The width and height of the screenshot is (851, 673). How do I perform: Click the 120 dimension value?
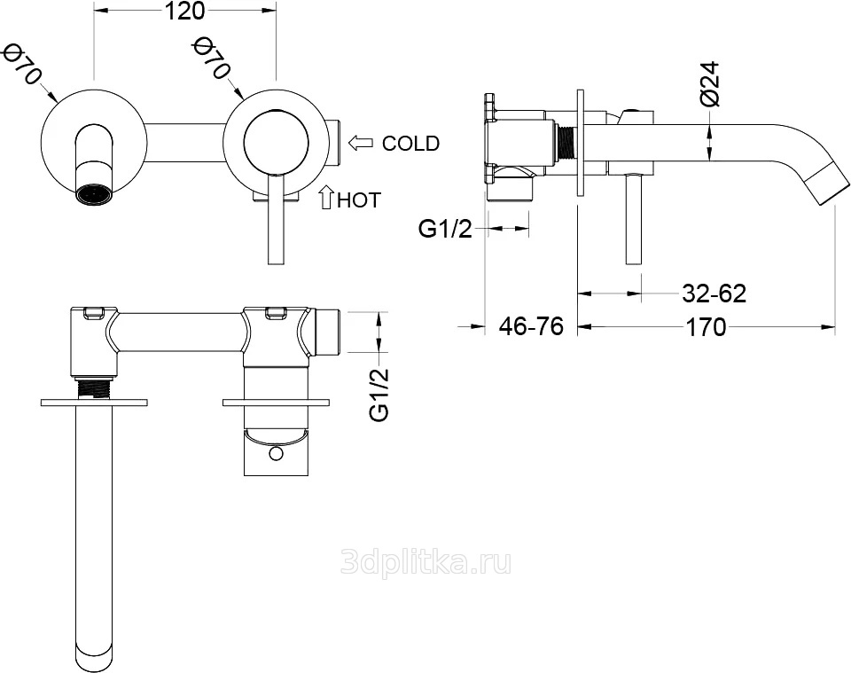point(184,11)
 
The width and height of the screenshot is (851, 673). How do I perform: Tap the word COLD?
point(410,144)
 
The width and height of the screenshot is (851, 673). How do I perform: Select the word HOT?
point(359,200)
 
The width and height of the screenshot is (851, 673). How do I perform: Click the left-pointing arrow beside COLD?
point(361,143)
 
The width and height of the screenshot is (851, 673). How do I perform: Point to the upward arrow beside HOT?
point(326,197)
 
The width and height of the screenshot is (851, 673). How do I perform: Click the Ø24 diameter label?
point(709,83)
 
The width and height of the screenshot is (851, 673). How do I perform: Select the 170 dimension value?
point(706,327)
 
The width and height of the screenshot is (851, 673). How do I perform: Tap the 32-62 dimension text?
point(714,293)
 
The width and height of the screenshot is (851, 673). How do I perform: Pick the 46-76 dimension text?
point(531,326)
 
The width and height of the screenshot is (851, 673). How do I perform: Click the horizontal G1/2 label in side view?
point(446,230)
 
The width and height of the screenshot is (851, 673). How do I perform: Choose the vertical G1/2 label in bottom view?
point(379,394)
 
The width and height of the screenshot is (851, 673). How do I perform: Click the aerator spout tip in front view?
point(97,195)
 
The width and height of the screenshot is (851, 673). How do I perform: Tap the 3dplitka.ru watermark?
point(425,563)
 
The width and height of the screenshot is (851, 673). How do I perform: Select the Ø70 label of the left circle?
point(21,65)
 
